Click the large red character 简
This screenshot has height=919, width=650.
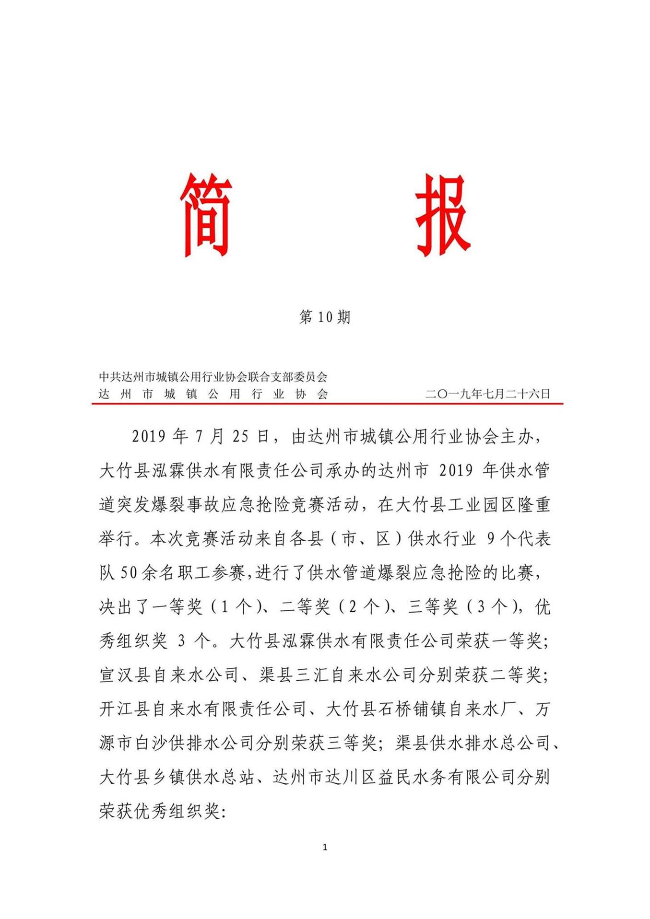pyautogui.click(x=206, y=215)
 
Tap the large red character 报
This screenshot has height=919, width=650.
pyautogui.click(x=442, y=215)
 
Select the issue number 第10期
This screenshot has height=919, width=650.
pyautogui.click(x=325, y=317)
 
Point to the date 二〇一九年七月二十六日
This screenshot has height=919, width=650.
pyautogui.click(x=487, y=394)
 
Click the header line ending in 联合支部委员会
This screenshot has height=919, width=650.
pyautogui.click(x=213, y=377)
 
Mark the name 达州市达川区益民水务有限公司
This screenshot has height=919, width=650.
pyautogui.click(x=394, y=777)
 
